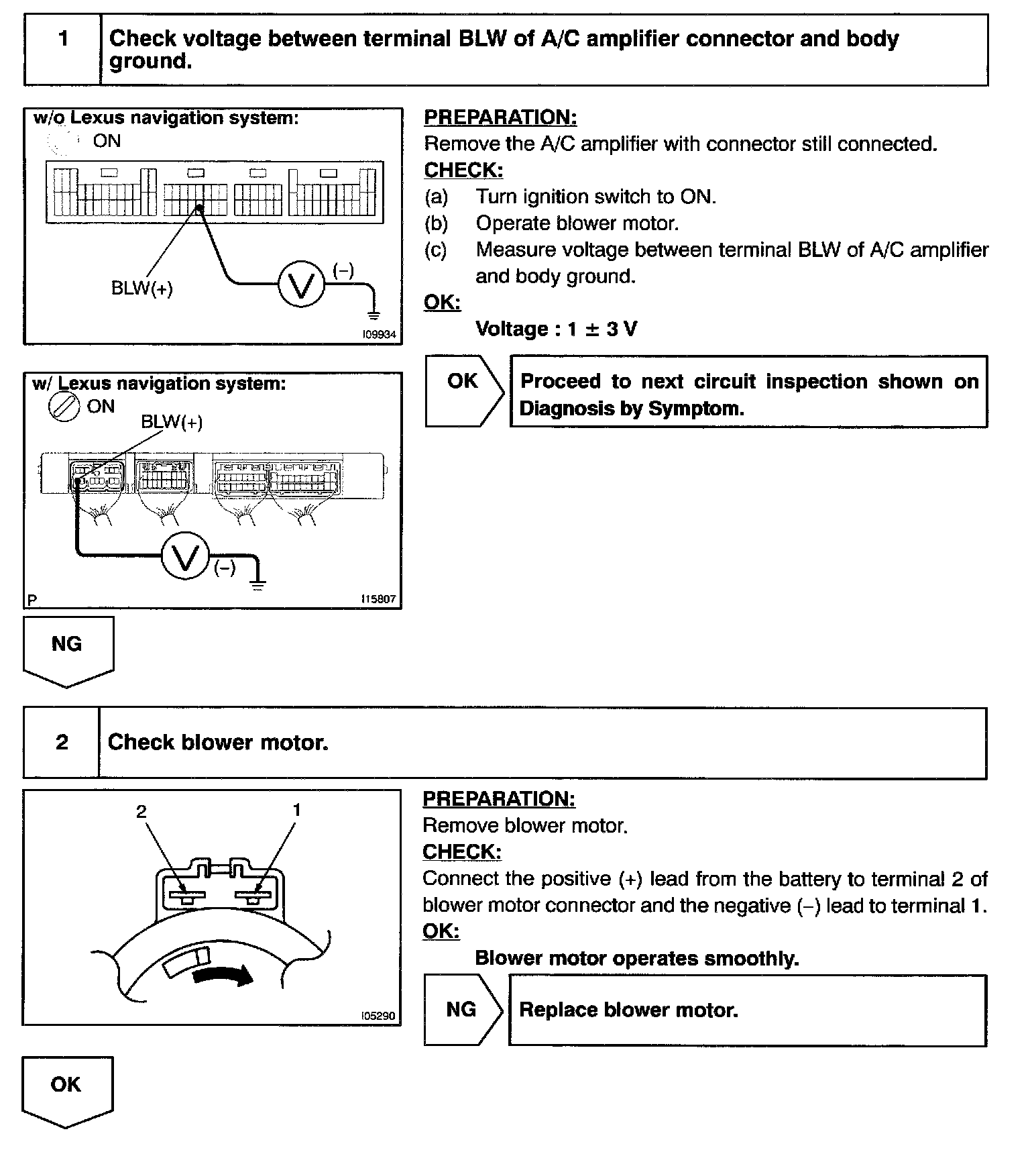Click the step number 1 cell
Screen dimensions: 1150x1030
[63, 50]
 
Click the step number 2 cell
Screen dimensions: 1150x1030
[62, 742]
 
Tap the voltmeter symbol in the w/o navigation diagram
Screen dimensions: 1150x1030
[301, 284]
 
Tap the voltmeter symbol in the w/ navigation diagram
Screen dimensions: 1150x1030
[186, 556]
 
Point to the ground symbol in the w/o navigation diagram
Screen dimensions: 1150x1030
[374, 314]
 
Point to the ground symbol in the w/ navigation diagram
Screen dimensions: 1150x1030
[258, 584]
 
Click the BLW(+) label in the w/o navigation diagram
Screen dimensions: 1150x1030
[141, 289]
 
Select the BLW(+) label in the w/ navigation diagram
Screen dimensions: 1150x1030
[172, 422]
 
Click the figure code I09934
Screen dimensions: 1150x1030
[380, 334]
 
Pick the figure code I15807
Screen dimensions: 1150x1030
[379, 599]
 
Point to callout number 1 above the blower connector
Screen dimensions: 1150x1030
[296, 811]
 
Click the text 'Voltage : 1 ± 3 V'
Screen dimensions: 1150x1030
[556, 329]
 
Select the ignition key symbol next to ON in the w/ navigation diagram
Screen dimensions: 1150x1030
[64, 407]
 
